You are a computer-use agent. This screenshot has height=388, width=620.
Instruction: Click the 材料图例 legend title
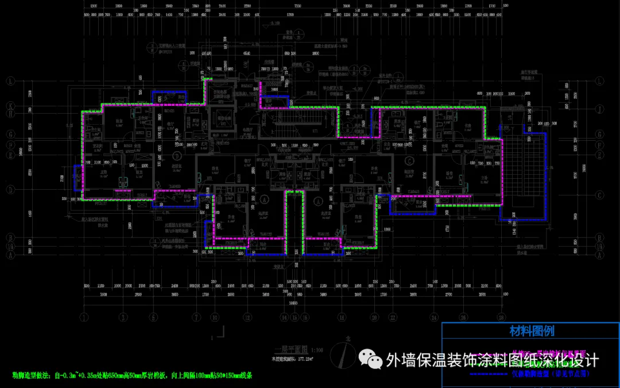531,331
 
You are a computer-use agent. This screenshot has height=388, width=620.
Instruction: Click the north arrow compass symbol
344,352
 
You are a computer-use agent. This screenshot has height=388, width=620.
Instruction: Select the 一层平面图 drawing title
290,350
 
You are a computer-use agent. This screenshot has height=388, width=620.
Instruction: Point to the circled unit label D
177,156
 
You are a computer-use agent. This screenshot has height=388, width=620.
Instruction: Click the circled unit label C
410,160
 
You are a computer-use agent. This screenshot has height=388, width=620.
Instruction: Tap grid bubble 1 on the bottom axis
84,317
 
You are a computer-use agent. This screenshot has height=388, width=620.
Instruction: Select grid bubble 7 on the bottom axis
196,317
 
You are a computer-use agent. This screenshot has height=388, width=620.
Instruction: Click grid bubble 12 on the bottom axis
247,317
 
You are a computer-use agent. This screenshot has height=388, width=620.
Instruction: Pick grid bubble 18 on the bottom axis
342,317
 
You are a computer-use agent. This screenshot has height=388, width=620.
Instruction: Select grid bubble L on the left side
10,81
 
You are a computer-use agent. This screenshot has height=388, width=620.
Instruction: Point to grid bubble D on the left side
10,189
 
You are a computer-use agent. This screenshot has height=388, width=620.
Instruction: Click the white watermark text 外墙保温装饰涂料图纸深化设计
493,360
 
